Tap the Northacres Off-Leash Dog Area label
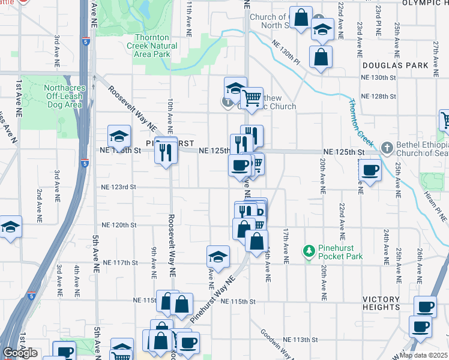(63, 96)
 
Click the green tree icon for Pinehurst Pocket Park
(309, 250)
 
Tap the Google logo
(20, 353)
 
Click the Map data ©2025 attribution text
(424, 355)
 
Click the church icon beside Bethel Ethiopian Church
(388, 147)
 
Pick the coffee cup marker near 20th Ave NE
(370, 170)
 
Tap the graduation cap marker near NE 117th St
(218, 256)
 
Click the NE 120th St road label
(121, 225)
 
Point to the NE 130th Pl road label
(286, 52)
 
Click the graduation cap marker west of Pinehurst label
(119, 136)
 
